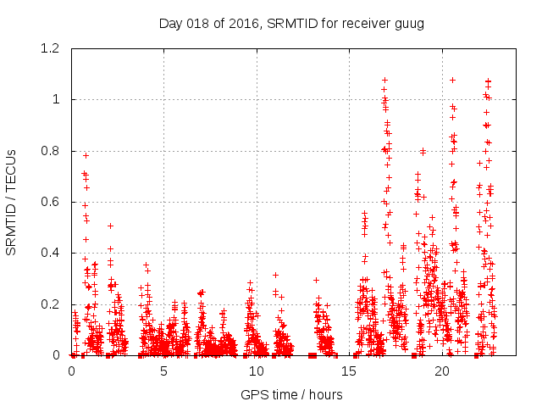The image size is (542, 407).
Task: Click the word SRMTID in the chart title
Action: click(x=290, y=23)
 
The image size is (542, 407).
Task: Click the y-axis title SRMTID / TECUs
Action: click(x=11, y=202)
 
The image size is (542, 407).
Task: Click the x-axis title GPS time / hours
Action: click(x=291, y=394)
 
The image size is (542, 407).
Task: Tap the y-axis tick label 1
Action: click(x=58, y=100)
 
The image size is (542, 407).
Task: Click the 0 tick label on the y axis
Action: click(x=58, y=355)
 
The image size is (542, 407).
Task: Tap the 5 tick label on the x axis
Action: click(x=164, y=371)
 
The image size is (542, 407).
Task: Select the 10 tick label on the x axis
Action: click(x=257, y=371)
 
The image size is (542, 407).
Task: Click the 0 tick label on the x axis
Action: click(x=71, y=371)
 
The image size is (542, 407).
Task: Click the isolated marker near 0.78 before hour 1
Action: click(x=86, y=155)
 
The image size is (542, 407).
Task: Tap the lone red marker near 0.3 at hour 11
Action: click(x=275, y=275)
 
